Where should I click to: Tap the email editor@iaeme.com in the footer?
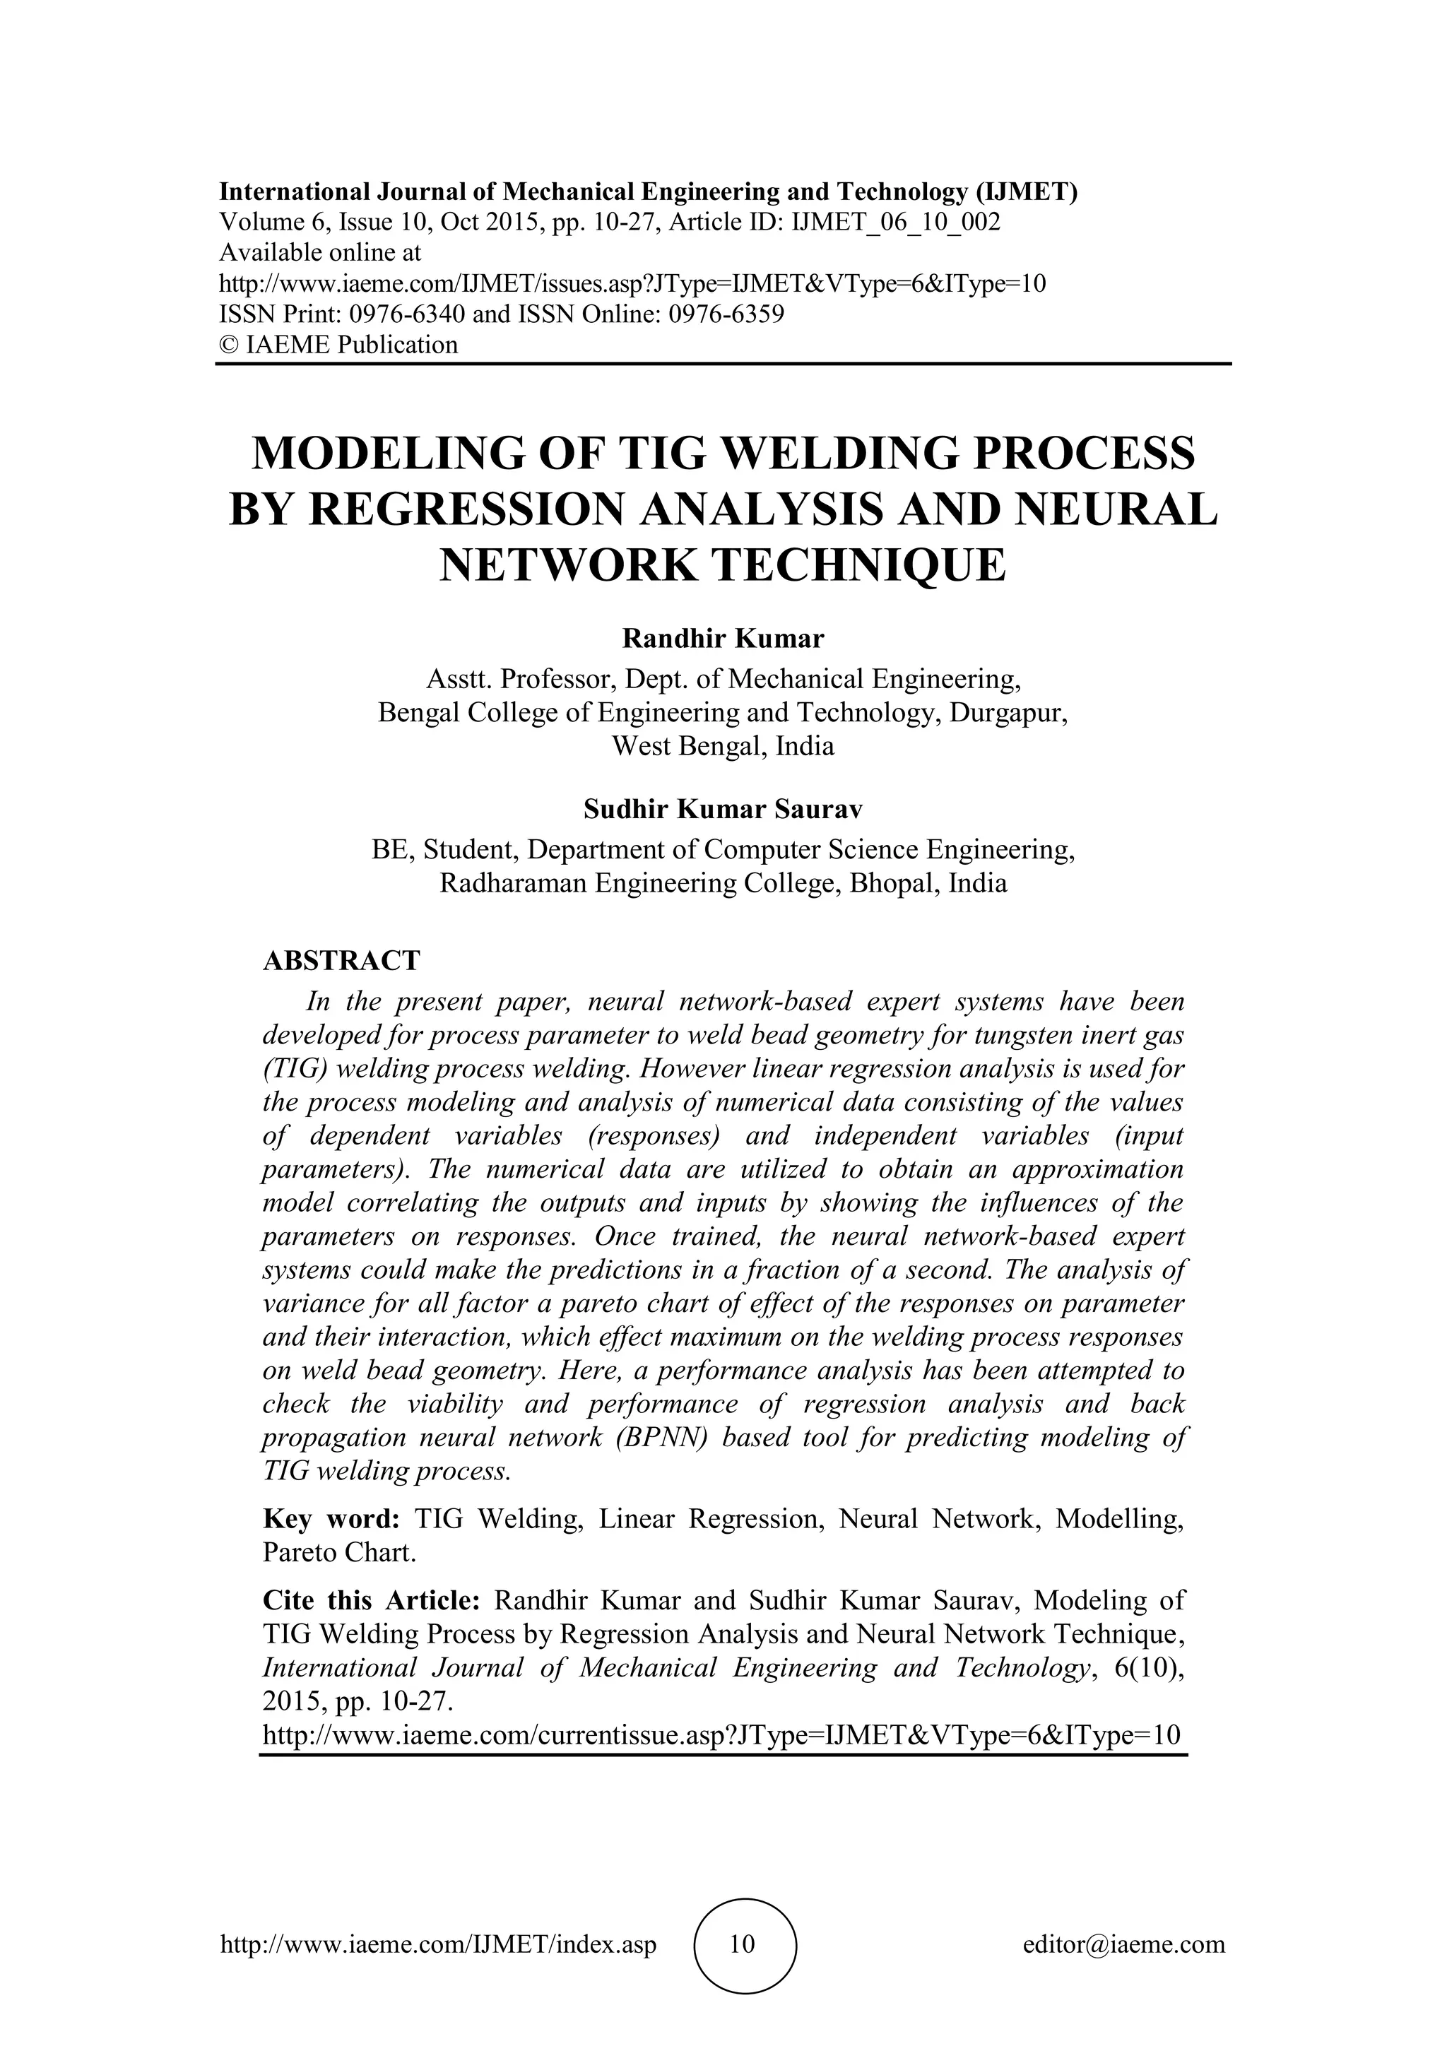[1123, 1944]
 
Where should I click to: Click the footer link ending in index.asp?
[438, 1944]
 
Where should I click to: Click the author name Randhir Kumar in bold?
[723, 639]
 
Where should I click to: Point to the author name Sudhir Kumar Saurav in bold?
[723, 809]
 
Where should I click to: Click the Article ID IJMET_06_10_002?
[895, 223]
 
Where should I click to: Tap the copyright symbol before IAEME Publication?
[228, 345]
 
